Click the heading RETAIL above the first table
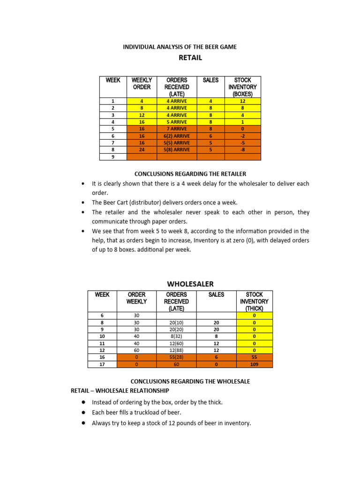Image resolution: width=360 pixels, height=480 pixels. pyautogui.click(x=190, y=58)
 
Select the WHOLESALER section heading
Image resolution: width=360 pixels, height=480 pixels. pyautogui.click(x=190, y=284)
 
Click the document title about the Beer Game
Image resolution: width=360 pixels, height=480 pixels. pyautogui.click(x=180, y=46)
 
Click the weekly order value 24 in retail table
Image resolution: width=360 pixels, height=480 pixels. pyautogui.click(x=142, y=150)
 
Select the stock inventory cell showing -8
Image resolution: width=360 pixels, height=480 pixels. pyautogui.click(x=243, y=150)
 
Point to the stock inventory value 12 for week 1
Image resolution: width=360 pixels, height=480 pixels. pyautogui.click(x=243, y=101)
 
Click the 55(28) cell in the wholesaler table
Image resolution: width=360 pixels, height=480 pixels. pyautogui.click(x=177, y=357)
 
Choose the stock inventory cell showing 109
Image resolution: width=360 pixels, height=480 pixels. pyautogui.click(x=254, y=364)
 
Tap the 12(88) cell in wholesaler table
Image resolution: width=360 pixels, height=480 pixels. pyautogui.click(x=177, y=350)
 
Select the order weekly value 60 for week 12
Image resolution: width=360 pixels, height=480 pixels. pyautogui.click(x=136, y=350)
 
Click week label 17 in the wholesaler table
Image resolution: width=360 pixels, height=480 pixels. pyautogui.click(x=102, y=364)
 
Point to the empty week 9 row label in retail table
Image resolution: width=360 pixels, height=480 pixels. pyautogui.click(x=113, y=157)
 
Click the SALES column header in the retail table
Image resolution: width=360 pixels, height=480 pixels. pyautogui.click(x=210, y=80)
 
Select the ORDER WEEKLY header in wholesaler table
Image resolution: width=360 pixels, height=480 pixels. pyautogui.click(x=136, y=298)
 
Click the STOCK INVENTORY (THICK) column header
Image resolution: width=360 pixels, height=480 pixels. pyautogui.click(x=254, y=301)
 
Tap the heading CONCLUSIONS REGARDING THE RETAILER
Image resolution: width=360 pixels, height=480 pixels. pyautogui.click(x=190, y=174)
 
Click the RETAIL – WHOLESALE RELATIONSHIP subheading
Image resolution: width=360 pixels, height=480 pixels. pyautogui.click(x=120, y=390)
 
